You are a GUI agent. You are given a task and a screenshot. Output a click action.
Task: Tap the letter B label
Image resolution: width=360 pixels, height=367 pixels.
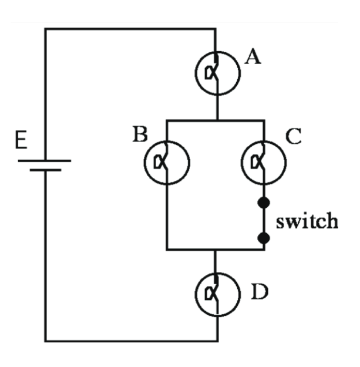pyautogui.click(x=140, y=136)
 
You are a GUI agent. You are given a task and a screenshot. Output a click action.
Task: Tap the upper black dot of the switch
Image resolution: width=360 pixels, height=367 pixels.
pyautogui.click(x=264, y=203)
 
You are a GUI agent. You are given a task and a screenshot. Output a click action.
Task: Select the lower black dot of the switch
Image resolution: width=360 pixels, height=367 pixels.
pyautogui.click(x=264, y=238)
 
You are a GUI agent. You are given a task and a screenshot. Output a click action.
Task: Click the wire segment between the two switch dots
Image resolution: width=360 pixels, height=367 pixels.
pyautogui.click(x=264, y=221)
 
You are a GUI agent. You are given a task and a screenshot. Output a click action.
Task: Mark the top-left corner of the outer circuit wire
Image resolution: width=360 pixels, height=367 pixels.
pyautogui.click(x=46, y=28)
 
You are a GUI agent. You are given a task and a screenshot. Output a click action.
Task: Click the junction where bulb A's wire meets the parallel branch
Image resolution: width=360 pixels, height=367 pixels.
pyautogui.click(x=217, y=120)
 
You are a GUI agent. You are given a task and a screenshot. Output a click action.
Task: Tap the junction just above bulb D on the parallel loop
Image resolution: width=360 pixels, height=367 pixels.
pyautogui.click(x=217, y=250)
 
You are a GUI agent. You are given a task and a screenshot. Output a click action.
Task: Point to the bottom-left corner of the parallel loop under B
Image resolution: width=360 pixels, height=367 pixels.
pyautogui.click(x=167, y=250)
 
